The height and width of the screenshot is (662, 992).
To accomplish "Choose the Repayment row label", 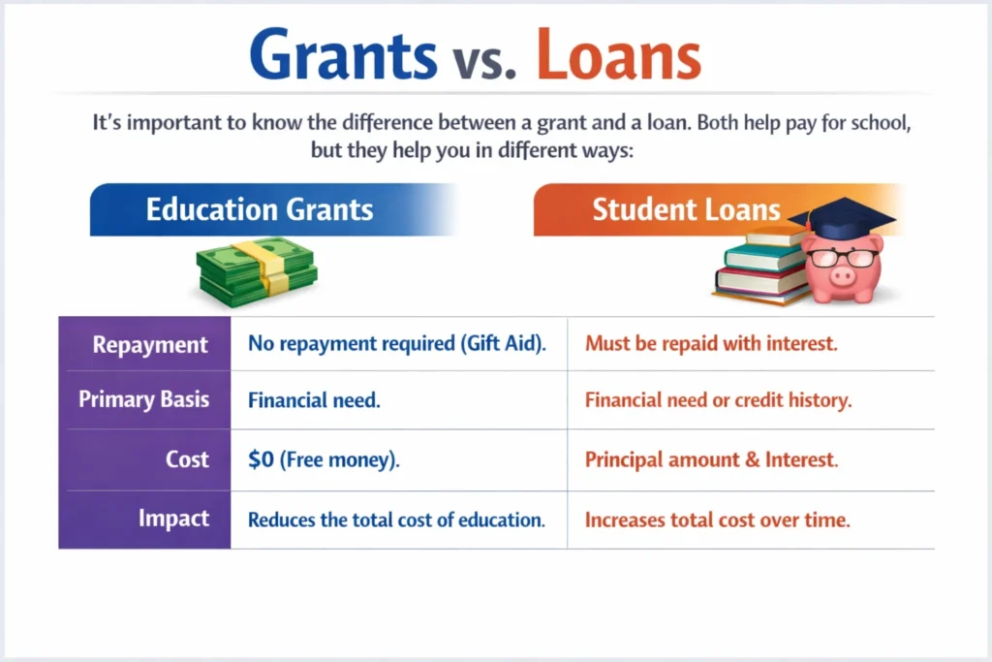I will click(150, 344).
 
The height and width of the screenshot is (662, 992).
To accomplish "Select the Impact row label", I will click(173, 518).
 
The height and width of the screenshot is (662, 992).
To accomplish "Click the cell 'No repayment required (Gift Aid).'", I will click(394, 343).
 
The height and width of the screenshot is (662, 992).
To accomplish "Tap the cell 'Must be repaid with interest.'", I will click(711, 343).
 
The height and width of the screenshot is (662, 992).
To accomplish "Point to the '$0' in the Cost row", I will click(261, 459).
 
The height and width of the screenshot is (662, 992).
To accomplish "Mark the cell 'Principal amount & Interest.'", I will click(712, 459).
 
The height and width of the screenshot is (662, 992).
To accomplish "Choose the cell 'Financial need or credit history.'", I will click(718, 400).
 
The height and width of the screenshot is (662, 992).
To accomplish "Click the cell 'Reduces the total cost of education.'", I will click(396, 520).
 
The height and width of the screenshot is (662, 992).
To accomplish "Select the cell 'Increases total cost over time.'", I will click(717, 520).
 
